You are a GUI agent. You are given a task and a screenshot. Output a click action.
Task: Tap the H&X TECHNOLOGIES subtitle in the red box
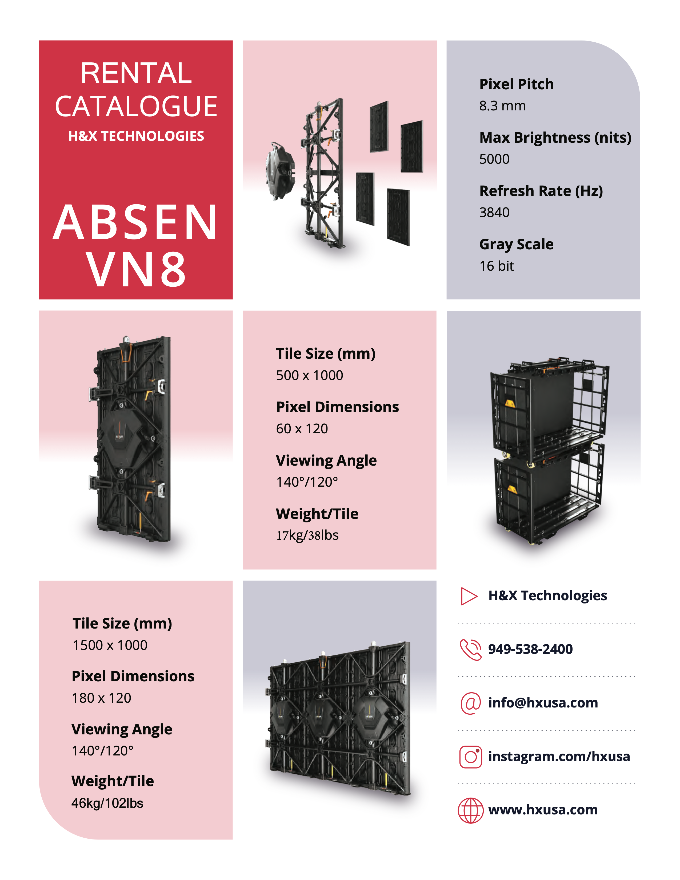tap(136, 136)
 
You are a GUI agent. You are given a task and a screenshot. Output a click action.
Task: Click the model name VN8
tap(136, 269)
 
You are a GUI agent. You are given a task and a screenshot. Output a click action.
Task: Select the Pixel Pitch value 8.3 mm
tap(502, 106)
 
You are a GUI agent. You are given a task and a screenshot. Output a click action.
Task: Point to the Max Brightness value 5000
tap(494, 159)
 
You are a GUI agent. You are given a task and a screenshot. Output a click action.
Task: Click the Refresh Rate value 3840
tap(494, 212)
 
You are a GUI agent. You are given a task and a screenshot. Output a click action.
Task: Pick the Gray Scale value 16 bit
tap(496, 266)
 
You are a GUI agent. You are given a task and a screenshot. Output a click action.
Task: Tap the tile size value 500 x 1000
tap(309, 375)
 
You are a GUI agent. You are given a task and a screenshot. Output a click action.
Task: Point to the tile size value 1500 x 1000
tap(110, 645)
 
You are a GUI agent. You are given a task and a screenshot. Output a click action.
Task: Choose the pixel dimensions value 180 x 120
tap(102, 698)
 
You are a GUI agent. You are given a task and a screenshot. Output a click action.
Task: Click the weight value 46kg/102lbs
tap(107, 803)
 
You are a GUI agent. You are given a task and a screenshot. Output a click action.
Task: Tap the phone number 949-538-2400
tap(530, 649)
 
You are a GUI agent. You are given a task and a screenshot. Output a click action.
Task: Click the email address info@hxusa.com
tap(543, 703)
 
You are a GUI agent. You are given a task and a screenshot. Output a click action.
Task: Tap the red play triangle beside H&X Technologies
tap(469, 596)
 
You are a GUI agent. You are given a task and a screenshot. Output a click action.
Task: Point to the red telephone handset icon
tap(470, 650)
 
